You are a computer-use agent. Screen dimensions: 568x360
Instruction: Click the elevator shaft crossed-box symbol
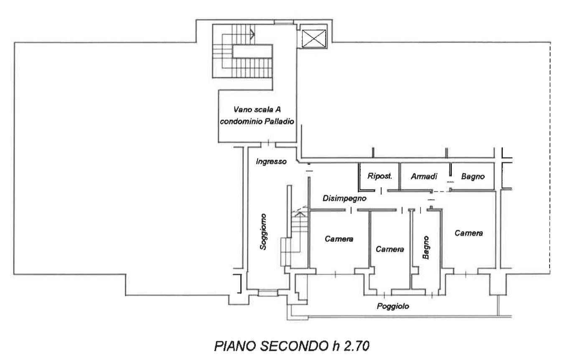tap(313, 38)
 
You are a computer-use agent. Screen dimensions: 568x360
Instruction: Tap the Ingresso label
tap(271, 162)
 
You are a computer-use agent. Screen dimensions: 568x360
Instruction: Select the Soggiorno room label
tap(263, 232)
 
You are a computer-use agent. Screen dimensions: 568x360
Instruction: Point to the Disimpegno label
tap(344, 198)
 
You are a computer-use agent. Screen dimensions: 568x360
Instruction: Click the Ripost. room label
tap(380, 176)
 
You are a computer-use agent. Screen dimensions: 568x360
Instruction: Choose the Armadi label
tap(424, 176)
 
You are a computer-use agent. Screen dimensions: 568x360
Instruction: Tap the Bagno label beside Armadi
tap(473, 177)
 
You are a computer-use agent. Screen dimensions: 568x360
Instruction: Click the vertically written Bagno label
tap(426, 248)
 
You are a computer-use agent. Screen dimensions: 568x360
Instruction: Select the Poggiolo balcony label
tap(393, 306)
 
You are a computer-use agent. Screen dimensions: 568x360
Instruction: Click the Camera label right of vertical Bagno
tap(469, 233)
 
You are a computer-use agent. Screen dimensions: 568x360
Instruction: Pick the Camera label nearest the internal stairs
tap(339, 239)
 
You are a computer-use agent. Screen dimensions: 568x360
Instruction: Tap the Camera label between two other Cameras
tap(390, 249)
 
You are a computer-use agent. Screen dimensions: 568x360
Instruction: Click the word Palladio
tap(279, 122)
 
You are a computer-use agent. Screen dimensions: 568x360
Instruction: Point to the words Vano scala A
tap(257, 109)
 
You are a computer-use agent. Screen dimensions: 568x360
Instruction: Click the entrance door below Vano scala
tap(268, 144)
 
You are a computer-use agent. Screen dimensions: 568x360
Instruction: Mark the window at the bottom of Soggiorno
tap(268, 293)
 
